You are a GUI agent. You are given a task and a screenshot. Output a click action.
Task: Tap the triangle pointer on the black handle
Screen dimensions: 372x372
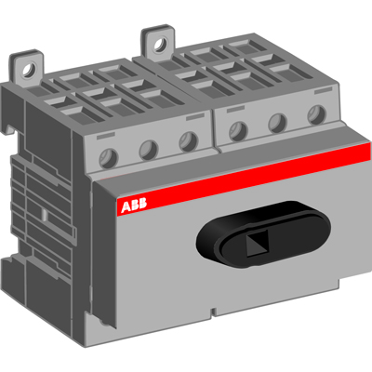(255, 243)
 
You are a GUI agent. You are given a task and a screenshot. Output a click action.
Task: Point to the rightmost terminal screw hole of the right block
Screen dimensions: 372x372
(313, 114)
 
